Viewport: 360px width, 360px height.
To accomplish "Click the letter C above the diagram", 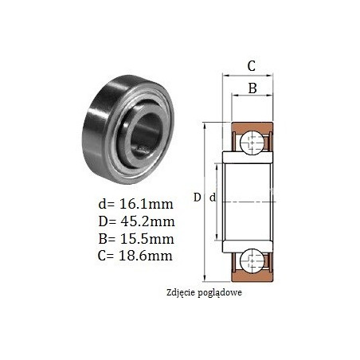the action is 251,66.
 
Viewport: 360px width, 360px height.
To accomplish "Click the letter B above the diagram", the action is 252,88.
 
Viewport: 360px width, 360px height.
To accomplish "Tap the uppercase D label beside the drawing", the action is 197,198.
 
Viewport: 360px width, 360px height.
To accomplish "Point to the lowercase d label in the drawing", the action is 213,198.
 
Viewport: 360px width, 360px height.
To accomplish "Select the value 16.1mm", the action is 147,204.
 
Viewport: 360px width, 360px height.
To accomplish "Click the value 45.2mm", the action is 147,221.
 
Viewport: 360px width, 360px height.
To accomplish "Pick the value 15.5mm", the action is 147,239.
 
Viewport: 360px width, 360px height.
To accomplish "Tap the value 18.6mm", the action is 146,256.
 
